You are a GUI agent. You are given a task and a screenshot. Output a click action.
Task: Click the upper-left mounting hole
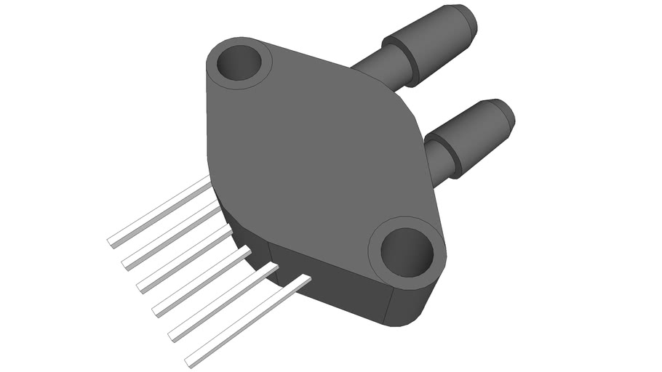coord(239,63)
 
